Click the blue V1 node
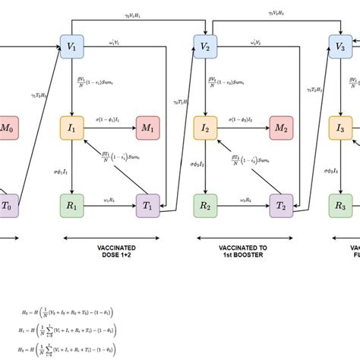71,47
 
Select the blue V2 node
204,47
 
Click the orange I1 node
71,128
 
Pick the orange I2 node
204,128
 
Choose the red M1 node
147,128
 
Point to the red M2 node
280,128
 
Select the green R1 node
71,205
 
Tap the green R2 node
204,205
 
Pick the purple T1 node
147,205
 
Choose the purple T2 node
280,205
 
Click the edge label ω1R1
109,200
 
